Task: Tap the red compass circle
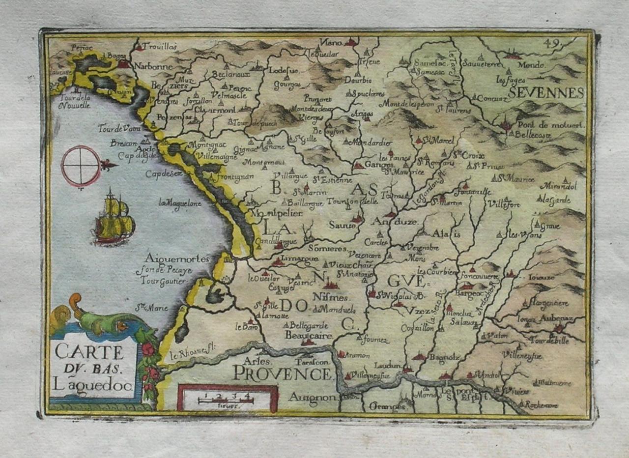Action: coord(81,166)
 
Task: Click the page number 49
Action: coord(552,43)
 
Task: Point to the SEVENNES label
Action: coord(546,93)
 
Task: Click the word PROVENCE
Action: coord(283,374)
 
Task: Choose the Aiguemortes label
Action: coord(177,258)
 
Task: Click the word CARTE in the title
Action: coord(89,352)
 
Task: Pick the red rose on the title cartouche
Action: coord(147,349)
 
